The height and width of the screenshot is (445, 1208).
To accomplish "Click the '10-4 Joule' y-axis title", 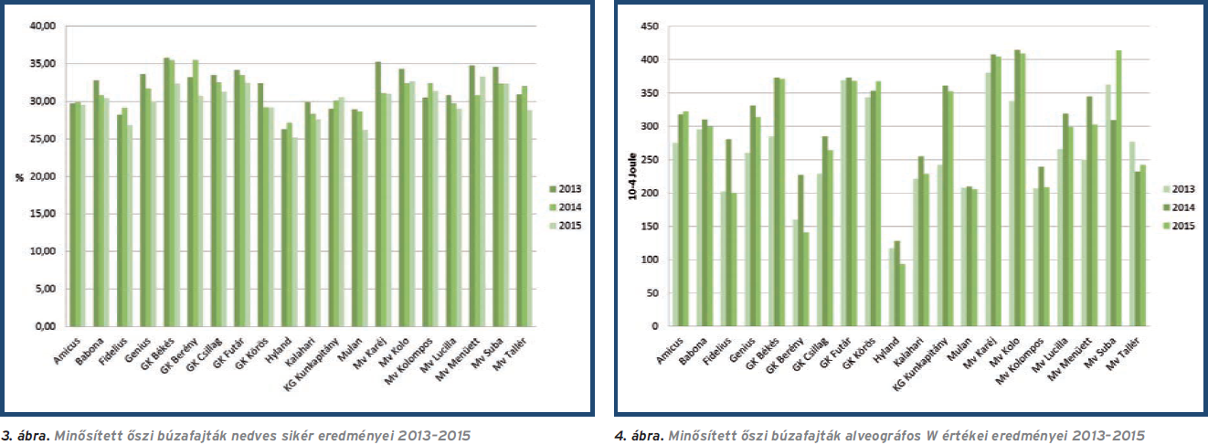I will pyautogui.click(x=630, y=175).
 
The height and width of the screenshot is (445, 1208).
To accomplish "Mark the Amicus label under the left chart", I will pyautogui.click(x=68, y=347).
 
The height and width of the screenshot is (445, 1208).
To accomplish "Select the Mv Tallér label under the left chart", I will pyautogui.click(x=517, y=350).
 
